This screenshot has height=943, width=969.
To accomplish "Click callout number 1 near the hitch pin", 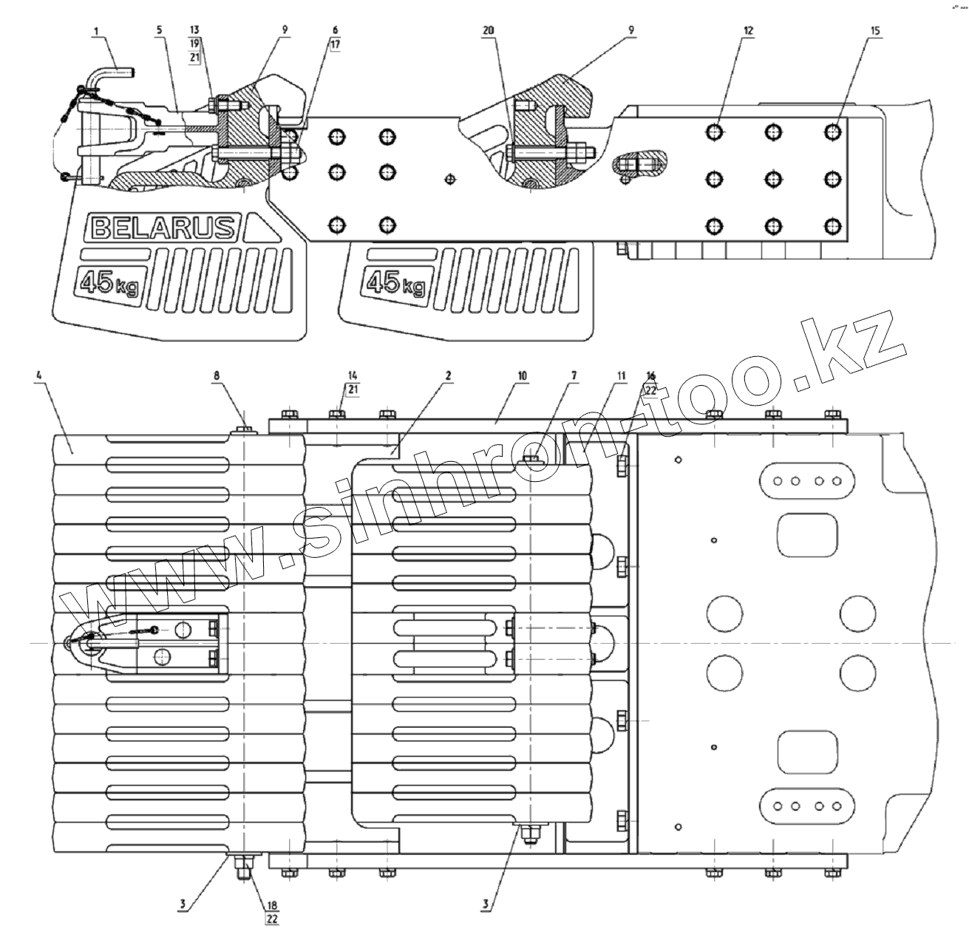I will (x=96, y=30).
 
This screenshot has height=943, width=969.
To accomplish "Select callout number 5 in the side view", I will (x=159, y=30).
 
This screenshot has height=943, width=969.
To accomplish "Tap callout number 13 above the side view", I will (x=194, y=30).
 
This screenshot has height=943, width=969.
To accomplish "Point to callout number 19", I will (x=194, y=44).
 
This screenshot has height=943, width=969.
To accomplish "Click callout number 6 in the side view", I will (x=335, y=30).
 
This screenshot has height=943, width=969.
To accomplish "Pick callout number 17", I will (x=335, y=44).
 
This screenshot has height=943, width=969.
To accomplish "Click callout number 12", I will (x=749, y=30).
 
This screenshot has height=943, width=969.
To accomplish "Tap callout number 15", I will (x=875, y=30).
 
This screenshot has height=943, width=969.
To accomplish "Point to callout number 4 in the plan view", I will (x=38, y=375).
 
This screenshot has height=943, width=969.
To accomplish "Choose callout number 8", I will (x=217, y=375).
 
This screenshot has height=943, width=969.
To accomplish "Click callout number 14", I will (x=351, y=375).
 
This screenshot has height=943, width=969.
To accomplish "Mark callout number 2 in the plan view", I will (x=448, y=375).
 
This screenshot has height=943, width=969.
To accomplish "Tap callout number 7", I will (x=574, y=375).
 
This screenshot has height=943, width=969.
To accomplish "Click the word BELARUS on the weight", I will (x=163, y=228).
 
